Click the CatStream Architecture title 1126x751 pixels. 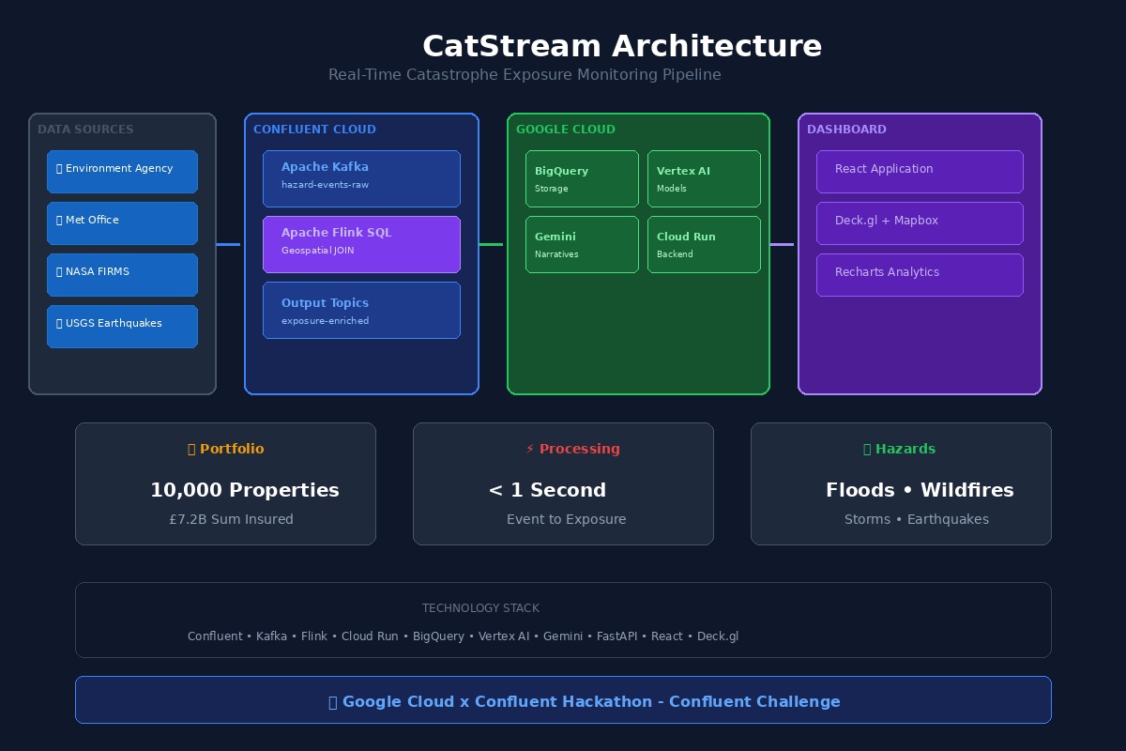pyautogui.click(x=621, y=46)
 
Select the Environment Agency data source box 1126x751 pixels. pyautogui.click(x=122, y=171)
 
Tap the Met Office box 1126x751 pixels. pyautogui.click(x=122, y=222)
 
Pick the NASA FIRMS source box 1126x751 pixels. pyautogui.click(x=122, y=274)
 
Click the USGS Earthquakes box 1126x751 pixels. pyautogui.click(x=122, y=326)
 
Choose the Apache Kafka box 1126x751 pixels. pyautogui.click(x=361, y=178)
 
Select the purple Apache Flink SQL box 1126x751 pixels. pyautogui.click(x=361, y=244)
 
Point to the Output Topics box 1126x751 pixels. pyautogui.click(x=361, y=310)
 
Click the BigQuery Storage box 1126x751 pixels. pyautogui.click(x=582, y=178)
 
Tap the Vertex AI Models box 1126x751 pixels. pyautogui.click(x=704, y=178)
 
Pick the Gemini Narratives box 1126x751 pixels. pyautogui.click(x=582, y=244)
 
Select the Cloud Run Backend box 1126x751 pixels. pyautogui.click(x=704, y=244)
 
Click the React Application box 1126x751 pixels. pyautogui.click(x=920, y=171)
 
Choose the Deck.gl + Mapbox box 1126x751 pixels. pyautogui.click(x=920, y=222)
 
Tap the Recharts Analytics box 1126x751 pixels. pyautogui.click(x=920, y=274)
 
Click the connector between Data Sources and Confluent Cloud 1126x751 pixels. pyautogui.click(x=228, y=244)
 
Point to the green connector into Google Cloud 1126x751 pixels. pyautogui.click(x=491, y=244)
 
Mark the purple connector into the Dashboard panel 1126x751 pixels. pyautogui.click(x=782, y=244)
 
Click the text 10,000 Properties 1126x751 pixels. pyautogui.click(x=244, y=490)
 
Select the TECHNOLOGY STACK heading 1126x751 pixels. pyautogui.click(x=480, y=608)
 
